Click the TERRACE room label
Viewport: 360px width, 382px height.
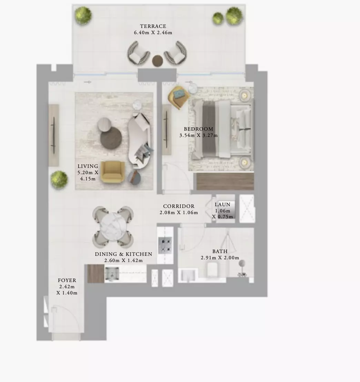153,26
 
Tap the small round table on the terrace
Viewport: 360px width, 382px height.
158,61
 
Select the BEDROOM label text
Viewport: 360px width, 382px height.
198,129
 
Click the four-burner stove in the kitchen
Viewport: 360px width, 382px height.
165,245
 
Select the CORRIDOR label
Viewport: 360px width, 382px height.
179,206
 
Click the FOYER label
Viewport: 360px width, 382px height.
67,280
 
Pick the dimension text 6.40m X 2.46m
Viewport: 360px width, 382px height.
153,33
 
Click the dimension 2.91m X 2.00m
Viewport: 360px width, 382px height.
220,258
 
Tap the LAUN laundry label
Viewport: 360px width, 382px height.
222,204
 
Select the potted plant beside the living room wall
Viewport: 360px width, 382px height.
59,179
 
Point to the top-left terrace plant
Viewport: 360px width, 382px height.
83,14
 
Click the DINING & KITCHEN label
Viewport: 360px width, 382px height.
123,254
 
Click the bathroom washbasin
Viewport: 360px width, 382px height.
188,275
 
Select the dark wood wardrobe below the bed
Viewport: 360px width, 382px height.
225,181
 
